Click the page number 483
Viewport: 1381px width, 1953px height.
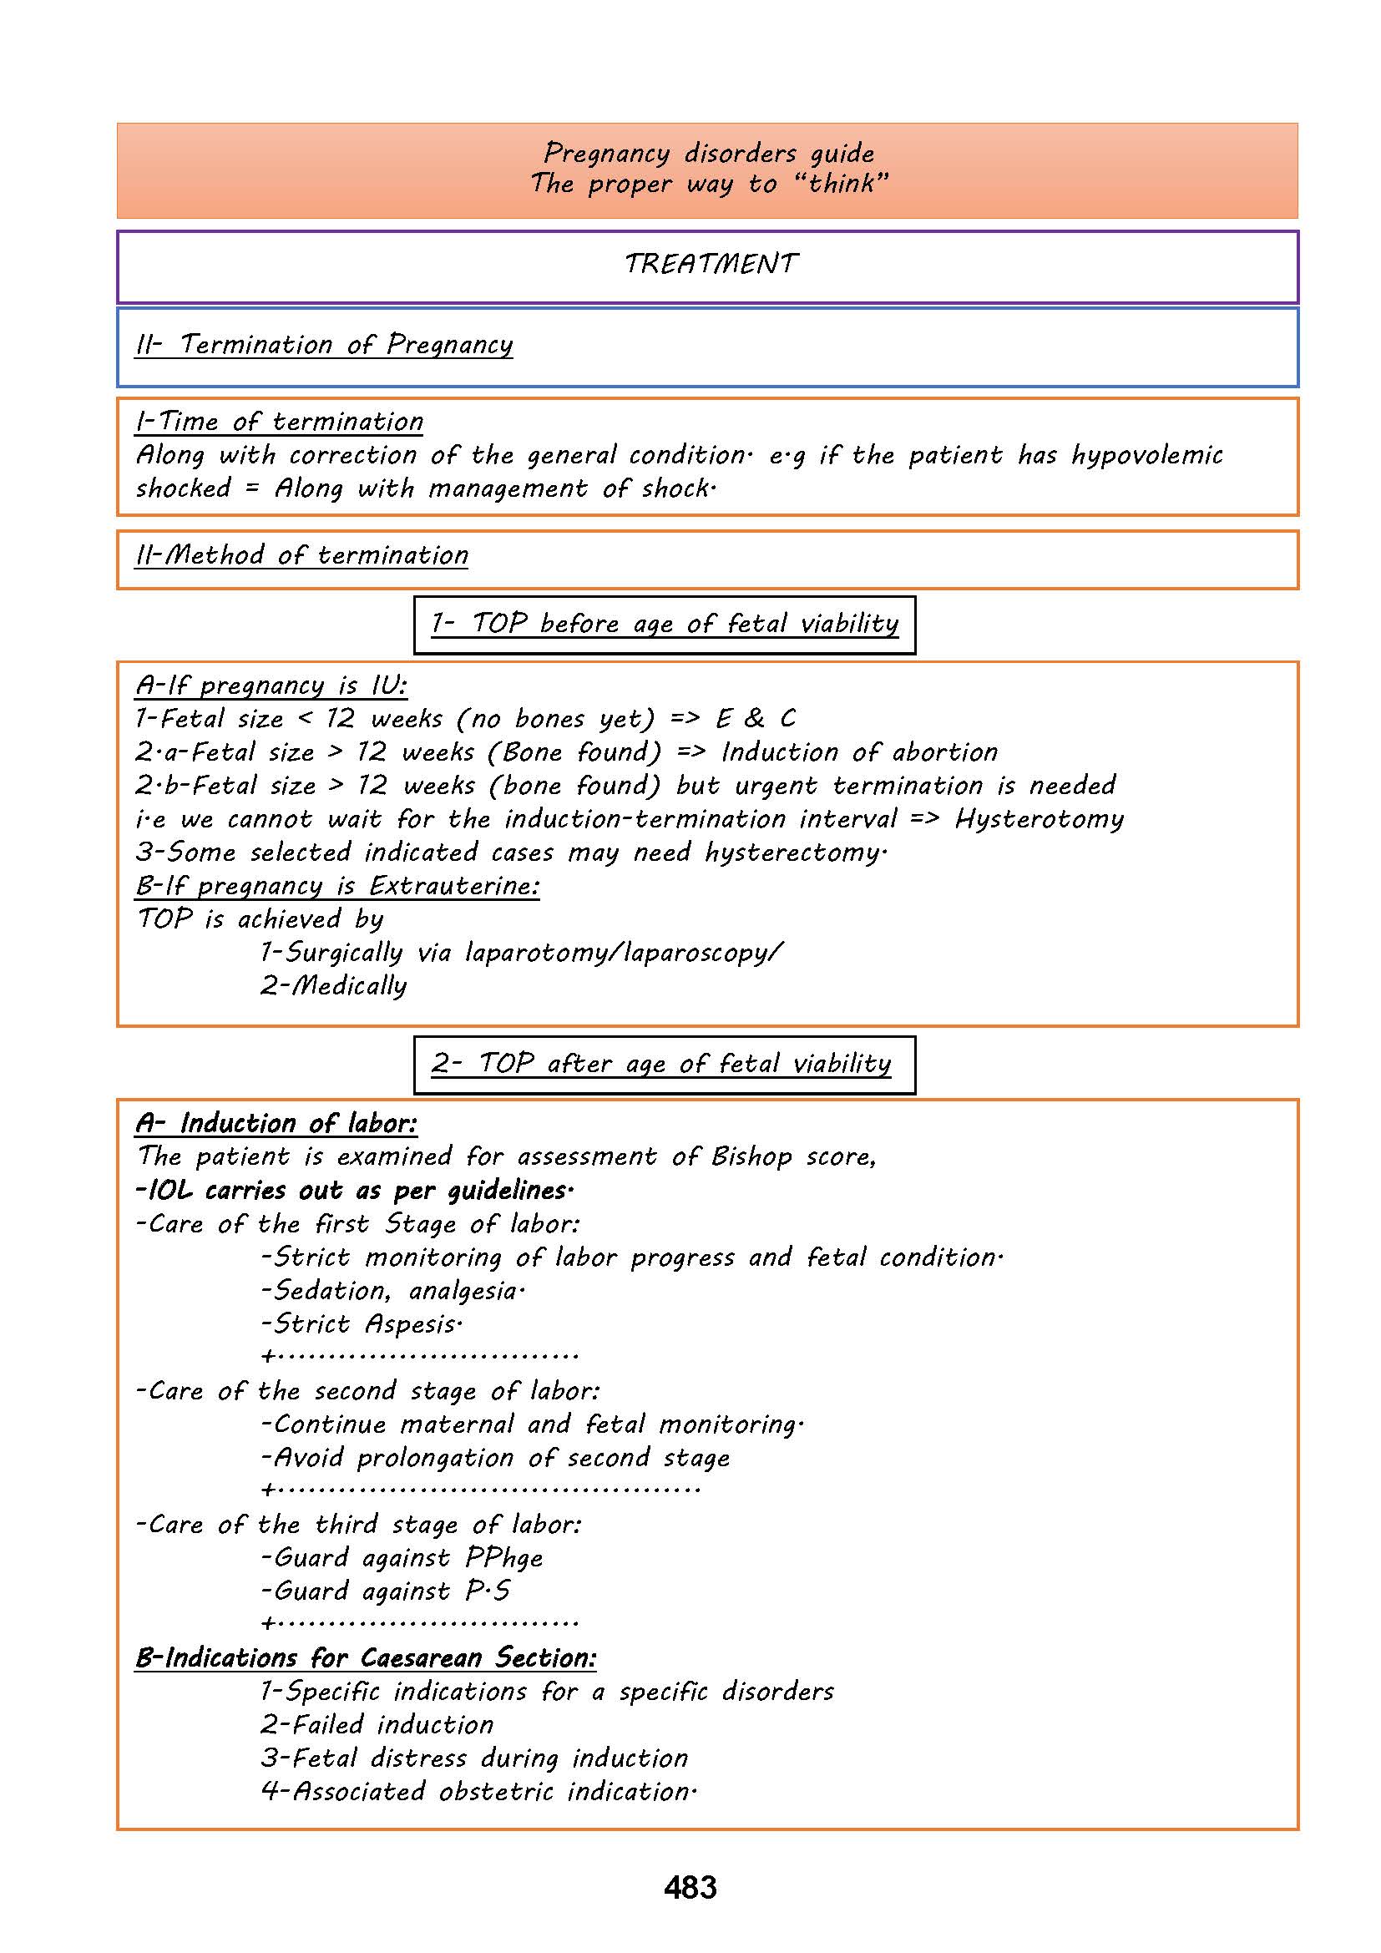[690, 1887]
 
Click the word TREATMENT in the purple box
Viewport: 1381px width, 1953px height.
[711, 264]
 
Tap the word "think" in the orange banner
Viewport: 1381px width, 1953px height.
[842, 183]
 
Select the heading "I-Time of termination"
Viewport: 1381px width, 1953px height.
[279, 422]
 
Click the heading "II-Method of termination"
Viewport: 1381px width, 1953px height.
[302, 555]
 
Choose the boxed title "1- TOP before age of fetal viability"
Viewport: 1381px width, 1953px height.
[664, 625]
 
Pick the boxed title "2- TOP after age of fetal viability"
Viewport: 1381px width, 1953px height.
[661, 1064]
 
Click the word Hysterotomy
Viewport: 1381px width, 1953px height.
[1040, 819]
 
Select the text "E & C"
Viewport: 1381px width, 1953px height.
[755, 719]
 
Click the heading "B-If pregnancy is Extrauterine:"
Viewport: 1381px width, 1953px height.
[336, 887]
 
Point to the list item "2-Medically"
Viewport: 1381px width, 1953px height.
[333, 986]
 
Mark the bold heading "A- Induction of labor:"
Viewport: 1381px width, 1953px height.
[276, 1124]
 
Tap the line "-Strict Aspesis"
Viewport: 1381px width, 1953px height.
[362, 1324]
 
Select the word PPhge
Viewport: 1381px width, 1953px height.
[504, 1558]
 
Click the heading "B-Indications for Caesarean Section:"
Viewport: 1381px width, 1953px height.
[366, 1658]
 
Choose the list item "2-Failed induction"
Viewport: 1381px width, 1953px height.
[377, 1724]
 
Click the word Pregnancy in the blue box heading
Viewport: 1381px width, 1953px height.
[449, 345]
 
